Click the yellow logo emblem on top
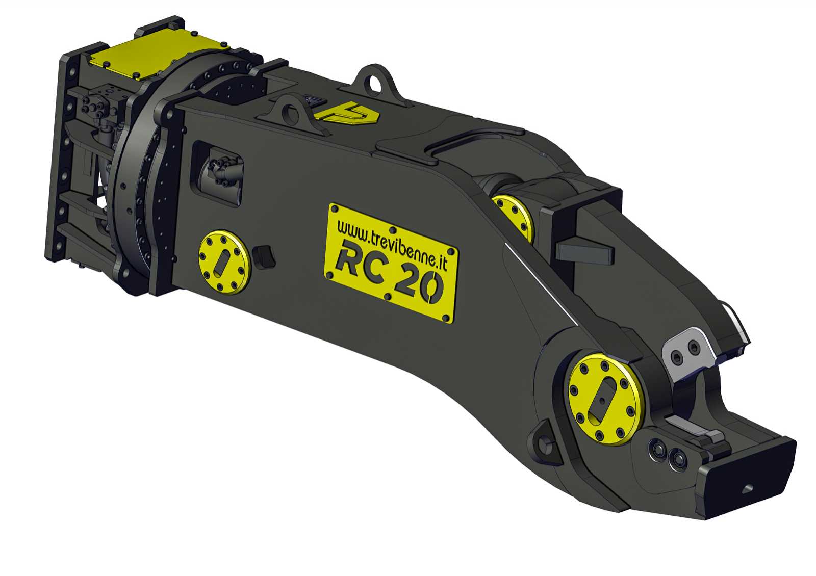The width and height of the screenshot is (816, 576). pos(347,114)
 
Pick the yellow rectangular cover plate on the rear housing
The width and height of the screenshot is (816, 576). pos(160,53)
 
